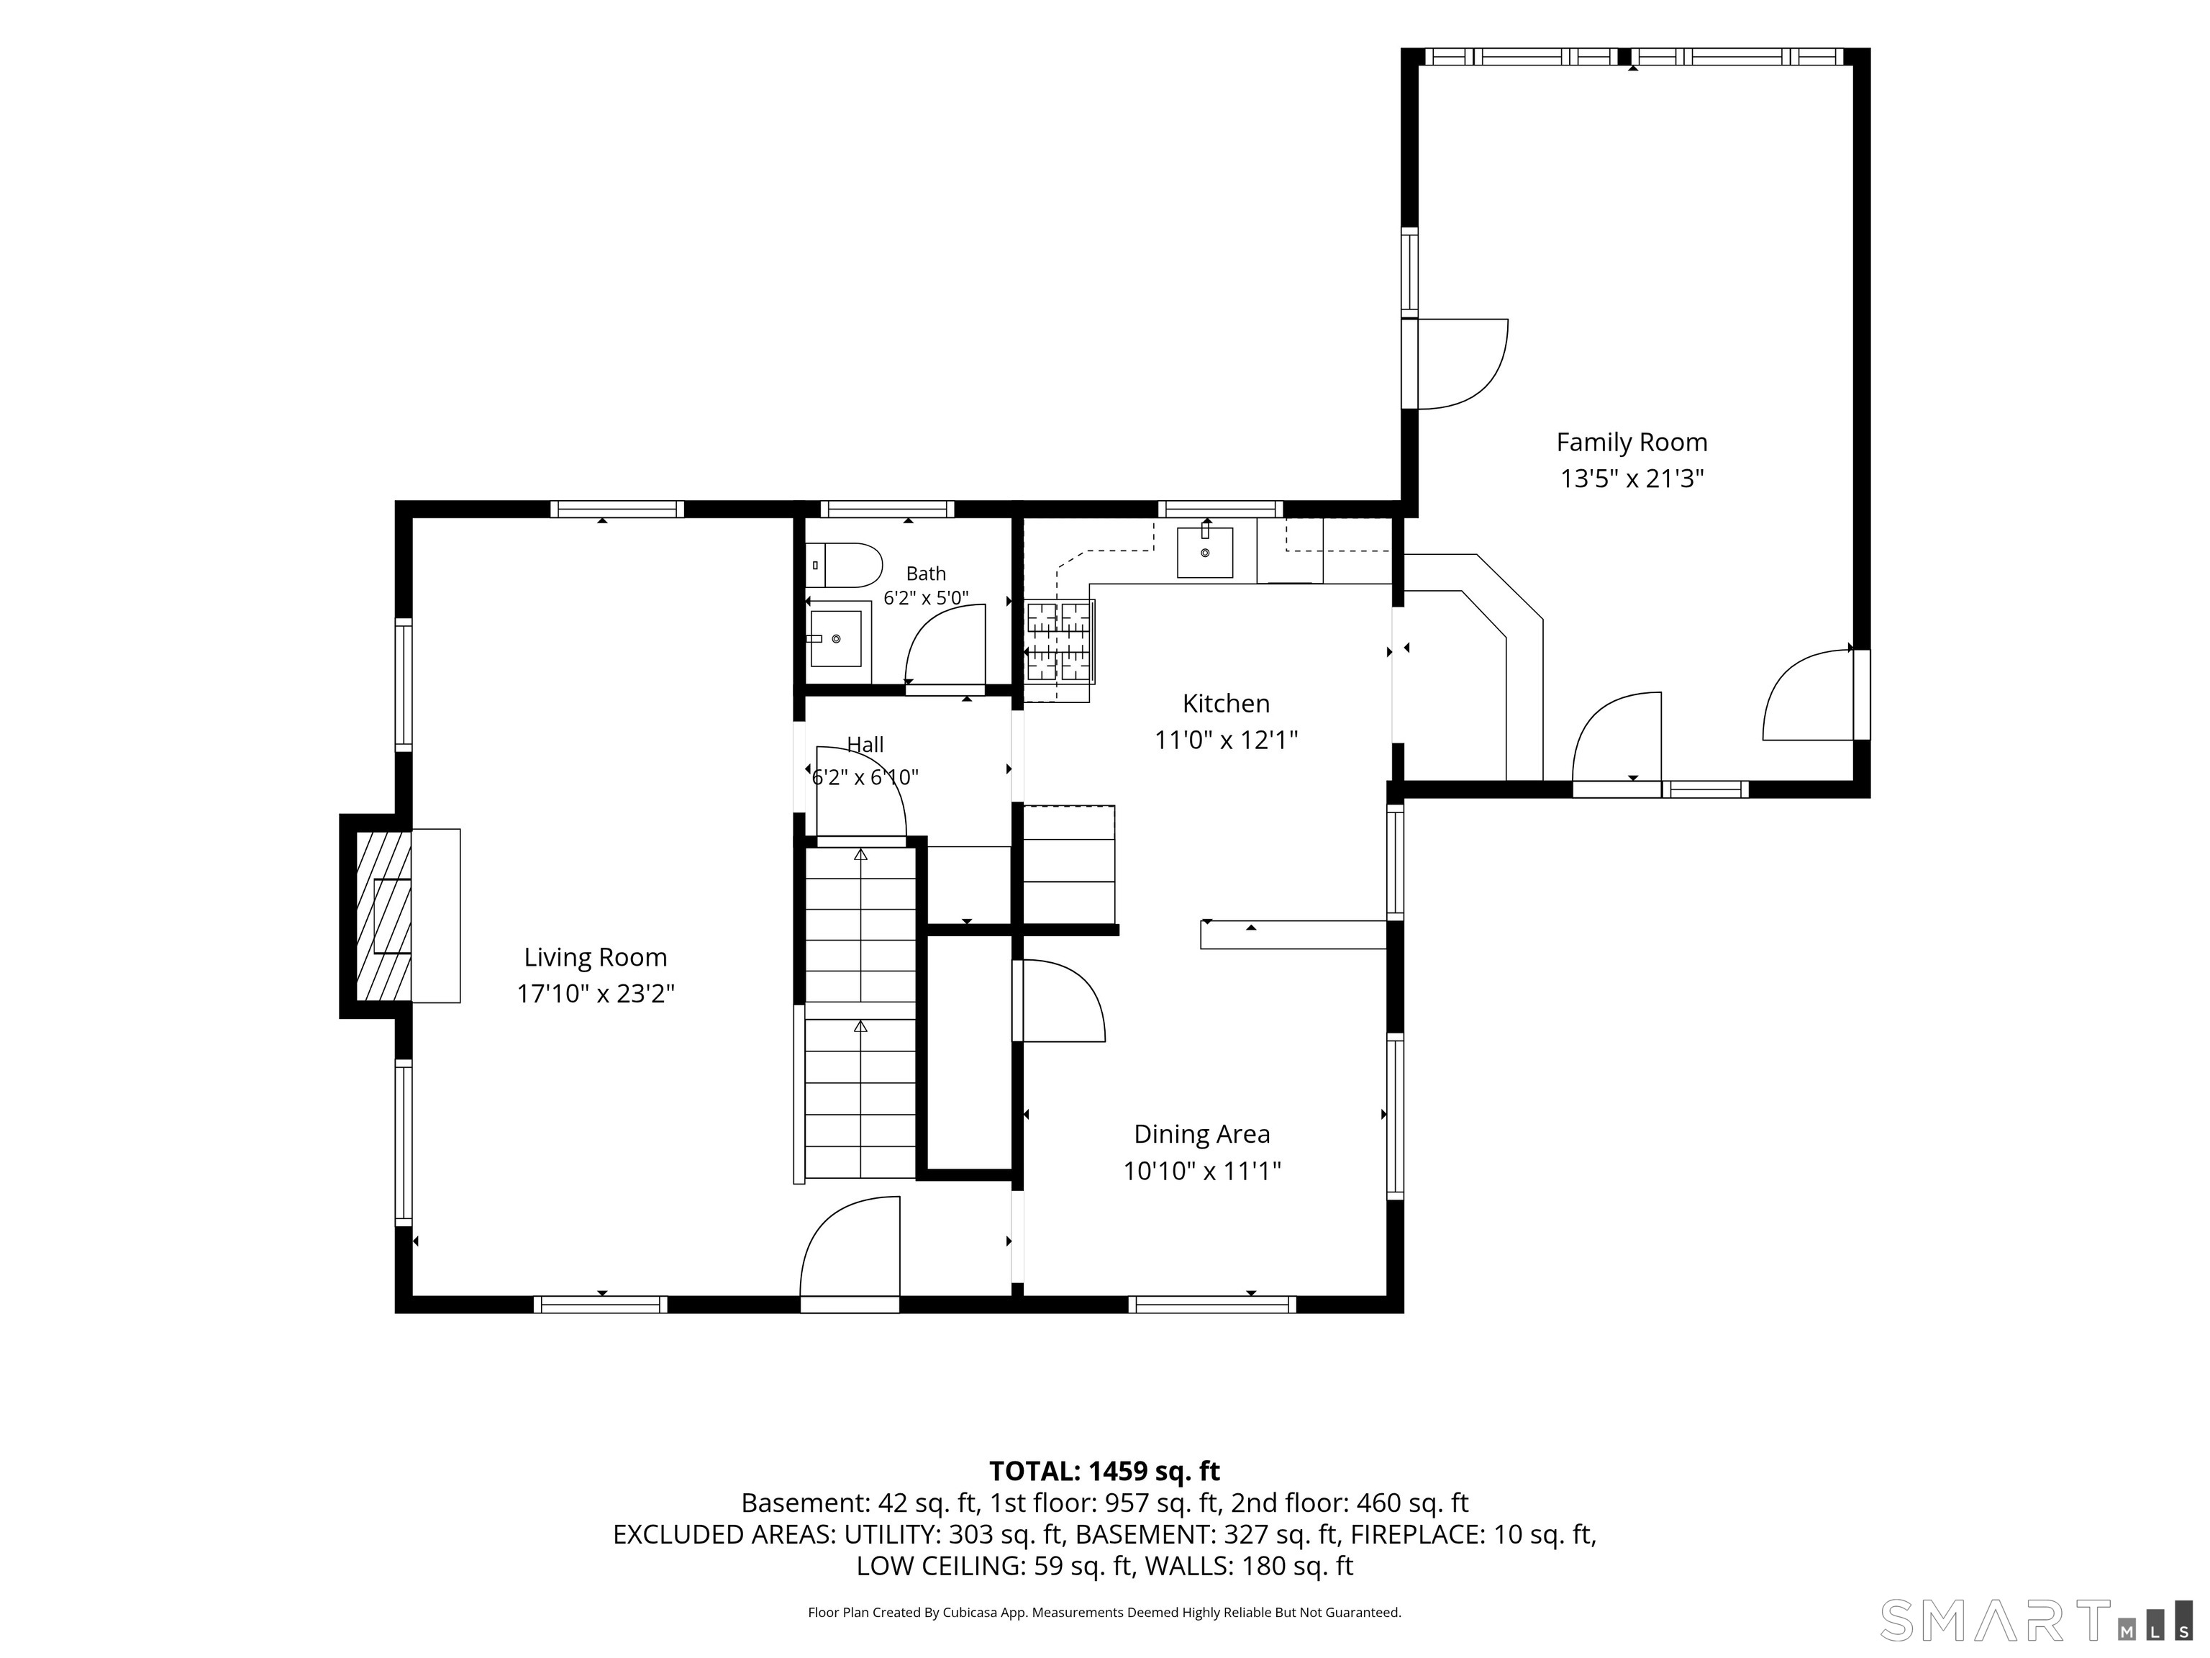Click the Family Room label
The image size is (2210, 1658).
coord(1632,443)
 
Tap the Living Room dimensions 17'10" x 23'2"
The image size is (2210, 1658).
coord(596,995)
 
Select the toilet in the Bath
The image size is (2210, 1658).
coord(843,566)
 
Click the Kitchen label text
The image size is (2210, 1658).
coord(1226,704)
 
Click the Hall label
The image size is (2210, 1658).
coord(865,745)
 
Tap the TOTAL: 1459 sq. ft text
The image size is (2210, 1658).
coord(1104,1471)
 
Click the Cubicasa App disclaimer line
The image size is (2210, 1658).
coord(1104,1612)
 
